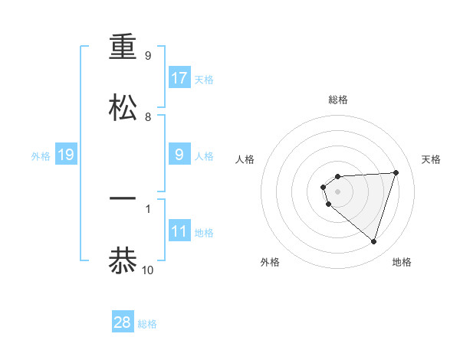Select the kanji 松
point(123,107)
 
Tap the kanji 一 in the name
point(123,198)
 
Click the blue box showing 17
point(179,78)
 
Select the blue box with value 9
point(179,155)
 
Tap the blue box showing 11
point(179,231)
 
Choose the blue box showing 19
point(66,155)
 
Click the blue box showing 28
point(123,322)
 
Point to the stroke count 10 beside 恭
point(148,270)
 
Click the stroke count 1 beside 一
point(148,208)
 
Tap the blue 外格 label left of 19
point(41,156)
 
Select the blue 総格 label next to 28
point(147,324)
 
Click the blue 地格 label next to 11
point(204,233)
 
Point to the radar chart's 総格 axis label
point(338,100)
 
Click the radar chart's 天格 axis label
point(432,159)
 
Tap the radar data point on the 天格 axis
point(396,172)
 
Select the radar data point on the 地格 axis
point(373,241)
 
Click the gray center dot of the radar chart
point(337,191)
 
